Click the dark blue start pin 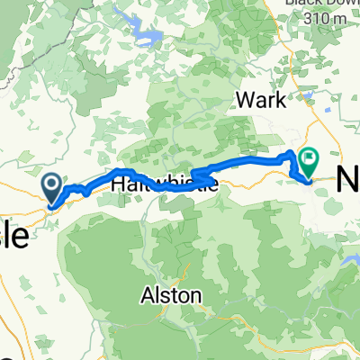tap(52, 188)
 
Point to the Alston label tap(170, 294)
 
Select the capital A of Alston tap(146, 294)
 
